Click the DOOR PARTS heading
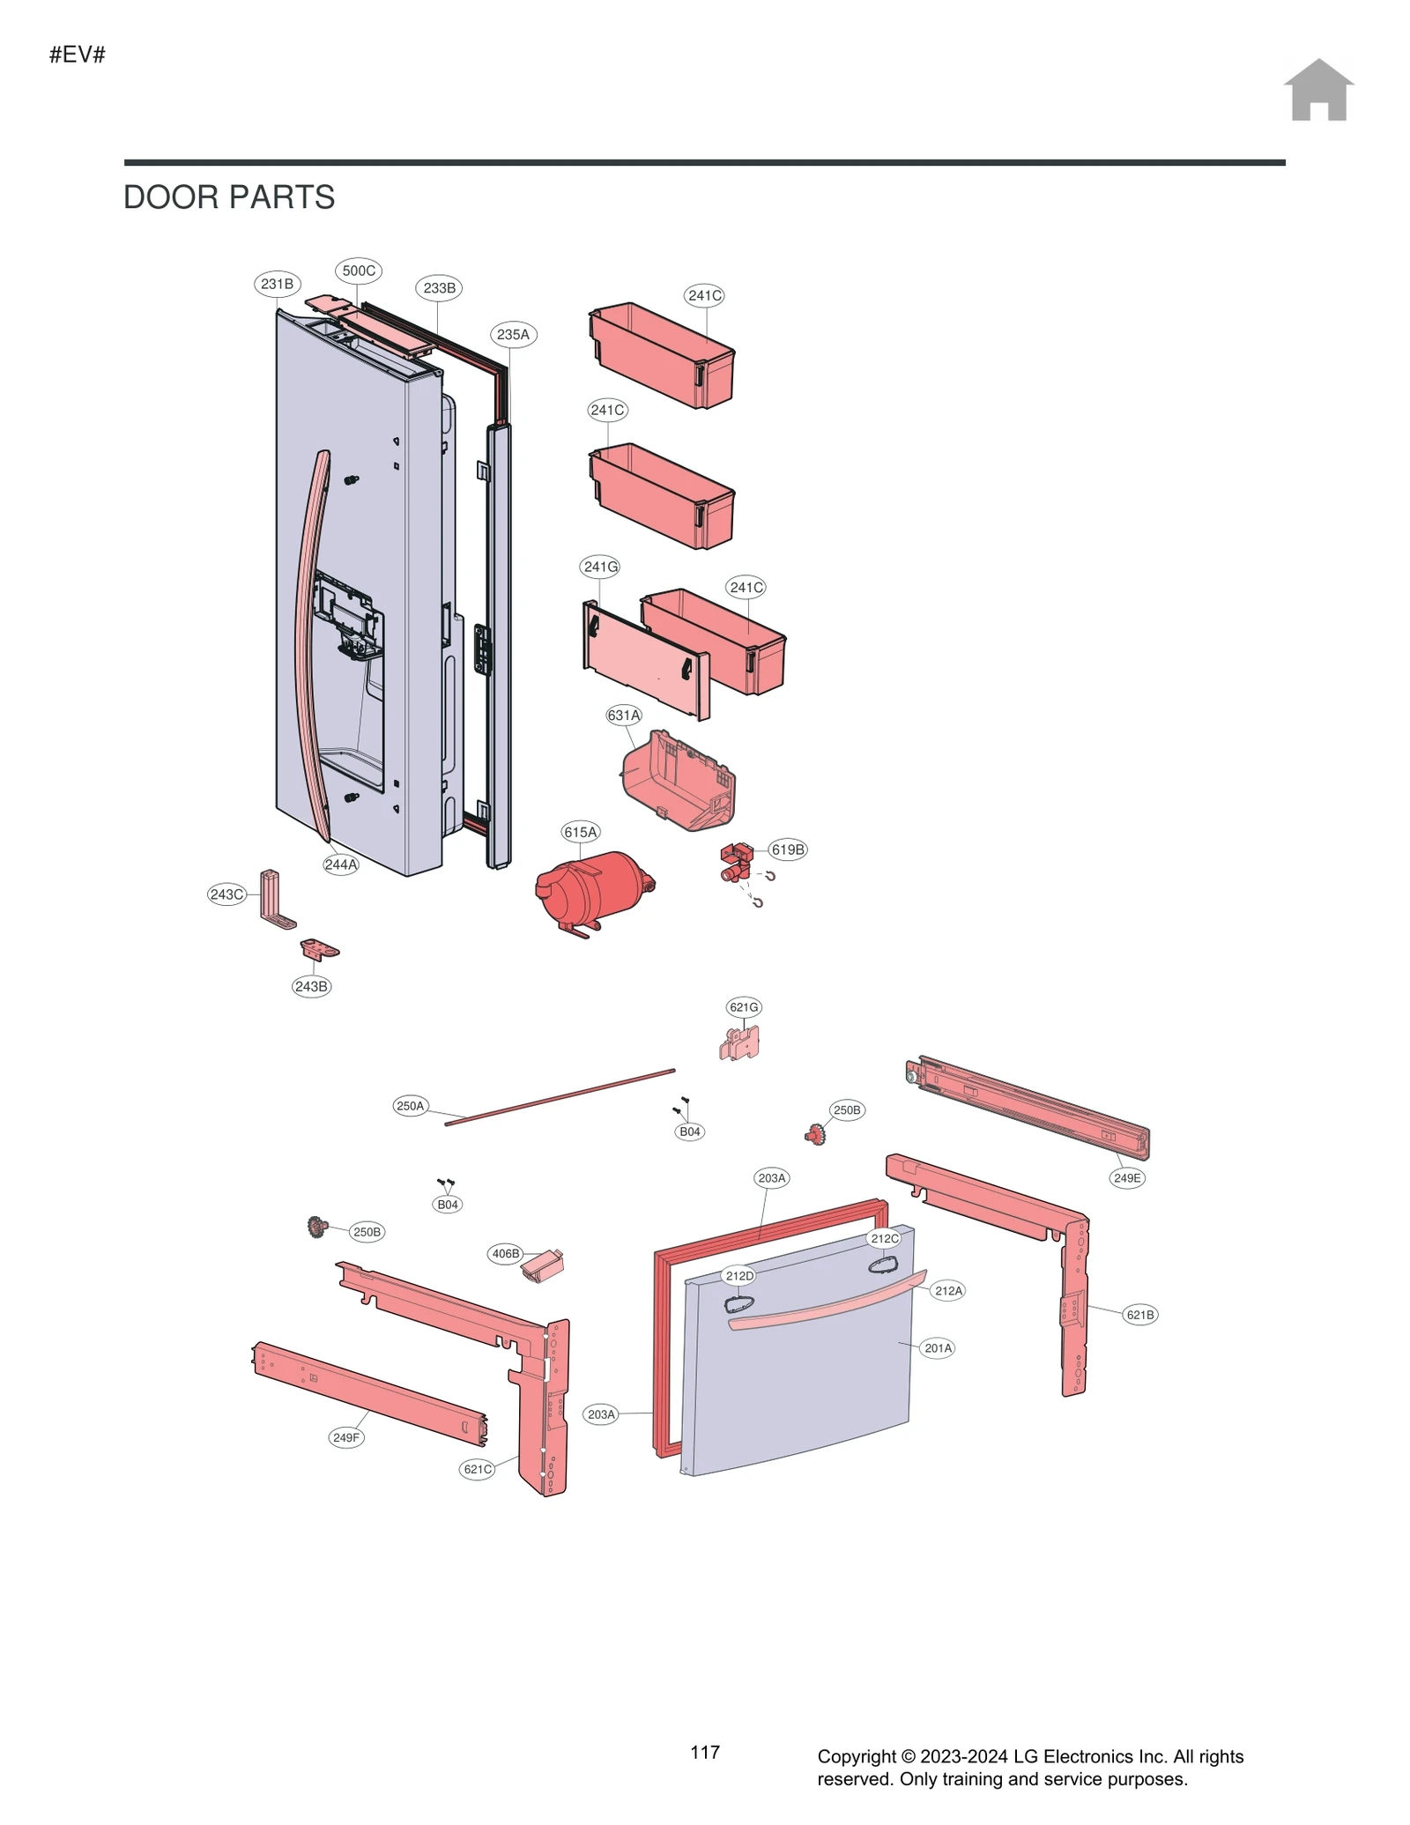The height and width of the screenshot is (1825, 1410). pos(229,197)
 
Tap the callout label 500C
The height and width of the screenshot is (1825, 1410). pos(359,271)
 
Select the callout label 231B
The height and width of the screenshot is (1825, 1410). pos(277,284)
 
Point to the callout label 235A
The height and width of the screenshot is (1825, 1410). pos(513,335)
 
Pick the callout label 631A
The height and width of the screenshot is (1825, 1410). pos(624,716)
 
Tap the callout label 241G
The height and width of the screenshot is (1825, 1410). pos(601,567)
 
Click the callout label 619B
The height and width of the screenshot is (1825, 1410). pos(788,849)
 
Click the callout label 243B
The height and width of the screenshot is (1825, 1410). pos(311,986)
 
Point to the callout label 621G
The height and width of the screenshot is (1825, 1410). pos(744,1007)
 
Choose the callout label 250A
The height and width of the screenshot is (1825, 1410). pos(410,1106)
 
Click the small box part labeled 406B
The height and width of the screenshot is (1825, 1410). pos(543,1265)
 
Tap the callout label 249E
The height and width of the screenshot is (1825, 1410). pos(1127,1178)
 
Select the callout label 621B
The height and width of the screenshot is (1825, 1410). pos(1139,1315)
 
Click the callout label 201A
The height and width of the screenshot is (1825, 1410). pos(938,1348)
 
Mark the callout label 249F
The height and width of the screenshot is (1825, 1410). pos(346,1437)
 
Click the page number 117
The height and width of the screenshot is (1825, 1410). pos(705,1753)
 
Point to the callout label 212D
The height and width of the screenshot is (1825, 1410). pos(739,1276)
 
